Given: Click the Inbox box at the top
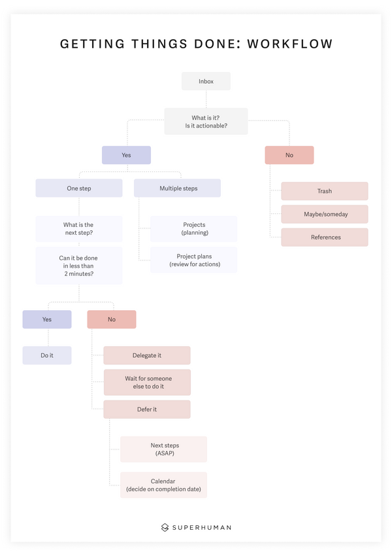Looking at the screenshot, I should click(x=206, y=81).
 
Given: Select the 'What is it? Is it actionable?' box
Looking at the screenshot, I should click(x=206, y=121).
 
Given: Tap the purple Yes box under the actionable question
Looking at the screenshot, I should click(x=126, y=155).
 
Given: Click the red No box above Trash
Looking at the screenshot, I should click(x=289, y=155).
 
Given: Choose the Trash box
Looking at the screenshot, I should click(x=325, y=191).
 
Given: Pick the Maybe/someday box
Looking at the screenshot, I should click(x=325, y=214).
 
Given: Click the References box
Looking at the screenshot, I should click(x=325, y=237).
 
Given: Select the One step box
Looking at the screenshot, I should click(x=79, y=188).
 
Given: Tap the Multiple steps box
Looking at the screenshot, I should click(x=177, y=188).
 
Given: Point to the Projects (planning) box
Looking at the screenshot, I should click(x=193, y=228).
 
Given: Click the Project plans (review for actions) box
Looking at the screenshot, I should click(x=193, y=260).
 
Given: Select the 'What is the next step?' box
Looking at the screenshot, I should click(x=79, y=228).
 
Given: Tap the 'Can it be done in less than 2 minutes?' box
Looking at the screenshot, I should click(x=79, y=266).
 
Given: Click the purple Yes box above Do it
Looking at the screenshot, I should click(x=47, y=319).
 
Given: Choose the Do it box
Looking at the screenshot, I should click(x=47, y=355).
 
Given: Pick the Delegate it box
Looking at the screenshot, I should click(x=147, y=355).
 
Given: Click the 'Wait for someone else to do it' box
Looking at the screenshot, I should click(x=147, y=382).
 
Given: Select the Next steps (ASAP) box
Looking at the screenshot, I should click(x=163, y=449).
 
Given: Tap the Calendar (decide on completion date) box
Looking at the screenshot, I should click(x=163, y=485).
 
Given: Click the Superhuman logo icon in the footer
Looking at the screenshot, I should click(x=165, y=527).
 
